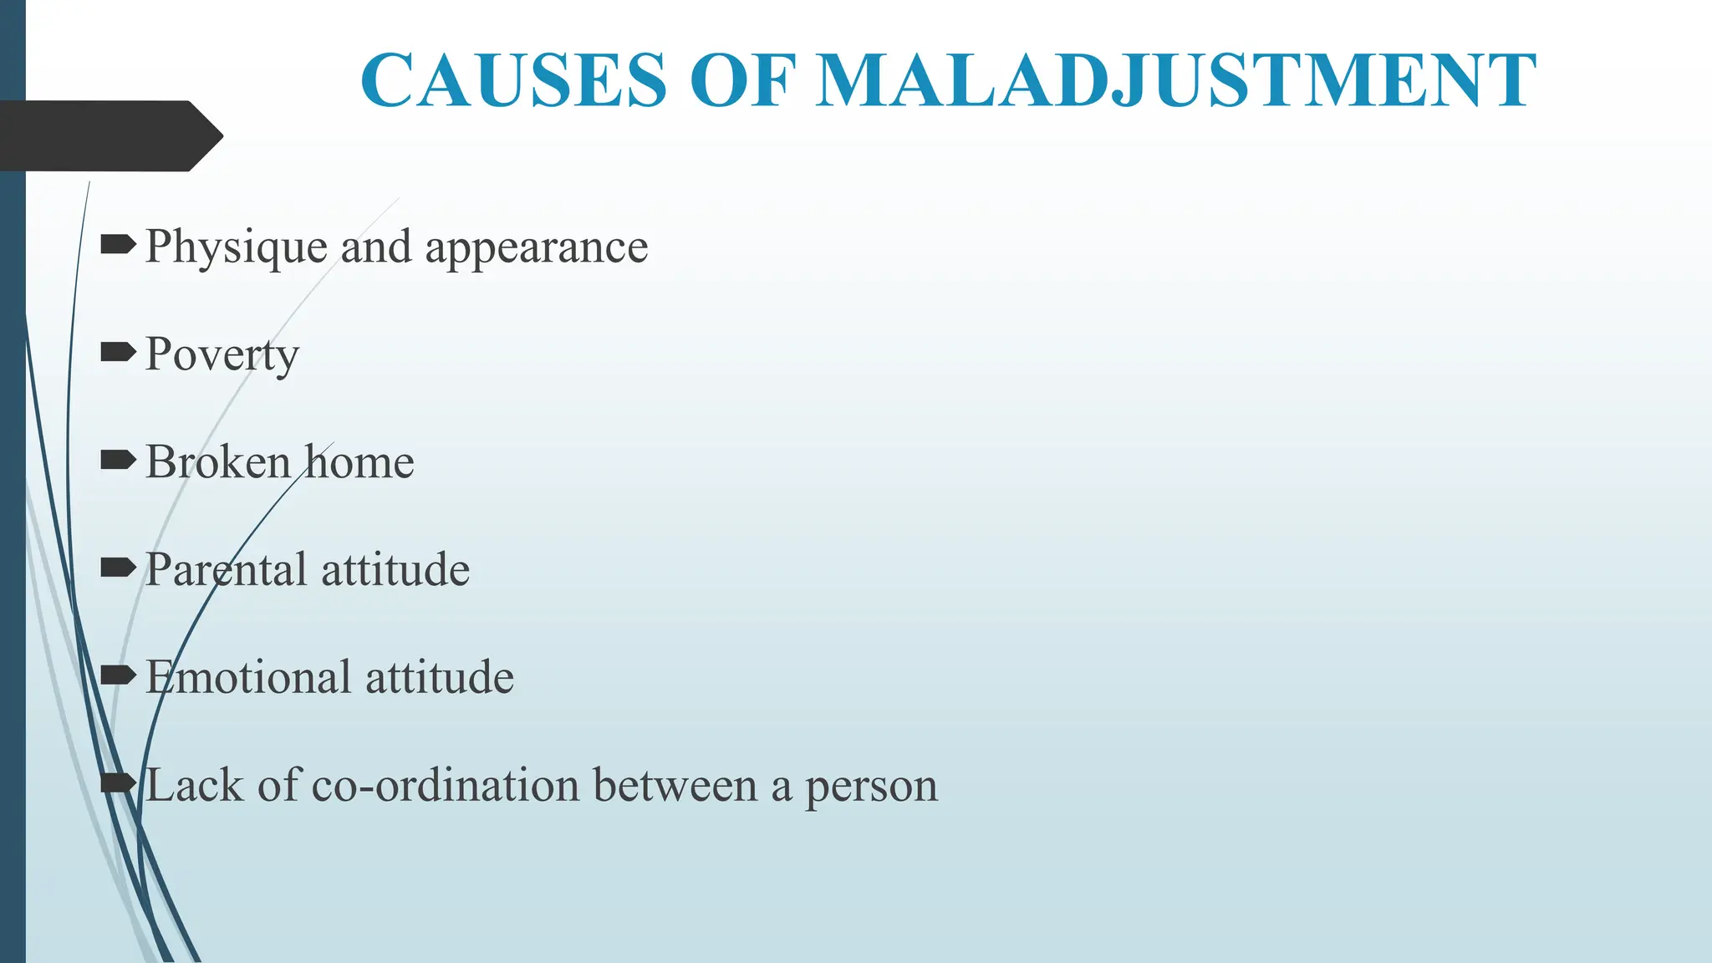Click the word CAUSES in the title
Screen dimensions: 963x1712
(513, 81)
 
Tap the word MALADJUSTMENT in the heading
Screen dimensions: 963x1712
(1175, 81)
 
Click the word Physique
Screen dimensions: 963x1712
(237, 248)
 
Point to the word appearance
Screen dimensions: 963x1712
(537, 248)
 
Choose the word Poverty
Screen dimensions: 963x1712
(222, 355)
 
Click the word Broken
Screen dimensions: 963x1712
(218, 462)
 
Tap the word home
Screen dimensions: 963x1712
(359, 462)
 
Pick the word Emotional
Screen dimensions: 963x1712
(248, 677)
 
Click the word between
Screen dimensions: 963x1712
(675, 786)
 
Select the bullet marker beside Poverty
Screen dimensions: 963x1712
(118, 353)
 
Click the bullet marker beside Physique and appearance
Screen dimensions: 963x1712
(118, 245)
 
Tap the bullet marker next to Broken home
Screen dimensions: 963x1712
(118, 460)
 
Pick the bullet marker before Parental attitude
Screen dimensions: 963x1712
(118, 568)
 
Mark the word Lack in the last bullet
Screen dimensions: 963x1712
(195, 786)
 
